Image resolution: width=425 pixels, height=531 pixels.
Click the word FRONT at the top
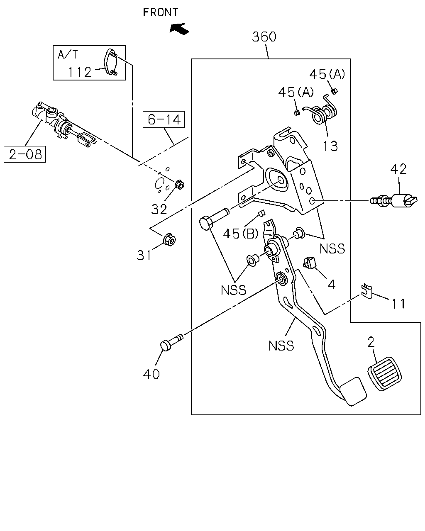[160, 12]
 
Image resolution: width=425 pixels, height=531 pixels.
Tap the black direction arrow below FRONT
[179, 29]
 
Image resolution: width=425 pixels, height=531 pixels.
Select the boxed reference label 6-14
[164, 119]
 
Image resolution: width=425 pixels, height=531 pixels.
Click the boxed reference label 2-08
[25, 154]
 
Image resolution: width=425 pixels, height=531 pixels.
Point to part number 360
[264, 37]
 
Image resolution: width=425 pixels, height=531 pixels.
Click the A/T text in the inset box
[68, 54]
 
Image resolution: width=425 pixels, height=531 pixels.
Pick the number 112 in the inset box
[80, 72]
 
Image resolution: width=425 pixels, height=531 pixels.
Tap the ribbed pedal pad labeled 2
[384, 373]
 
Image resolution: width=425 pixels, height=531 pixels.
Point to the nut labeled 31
[169, 239]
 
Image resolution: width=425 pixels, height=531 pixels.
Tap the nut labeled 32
[180, 184]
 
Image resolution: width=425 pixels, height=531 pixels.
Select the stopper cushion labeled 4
[310, 263]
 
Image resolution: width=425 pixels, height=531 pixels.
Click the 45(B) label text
[241, 234]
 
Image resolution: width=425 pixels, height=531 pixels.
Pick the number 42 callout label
[398, 169]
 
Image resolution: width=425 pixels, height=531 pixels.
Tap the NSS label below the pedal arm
[281, 346]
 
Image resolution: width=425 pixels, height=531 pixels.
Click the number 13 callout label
[330, 146]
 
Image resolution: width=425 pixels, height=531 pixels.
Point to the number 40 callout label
[151, 374]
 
